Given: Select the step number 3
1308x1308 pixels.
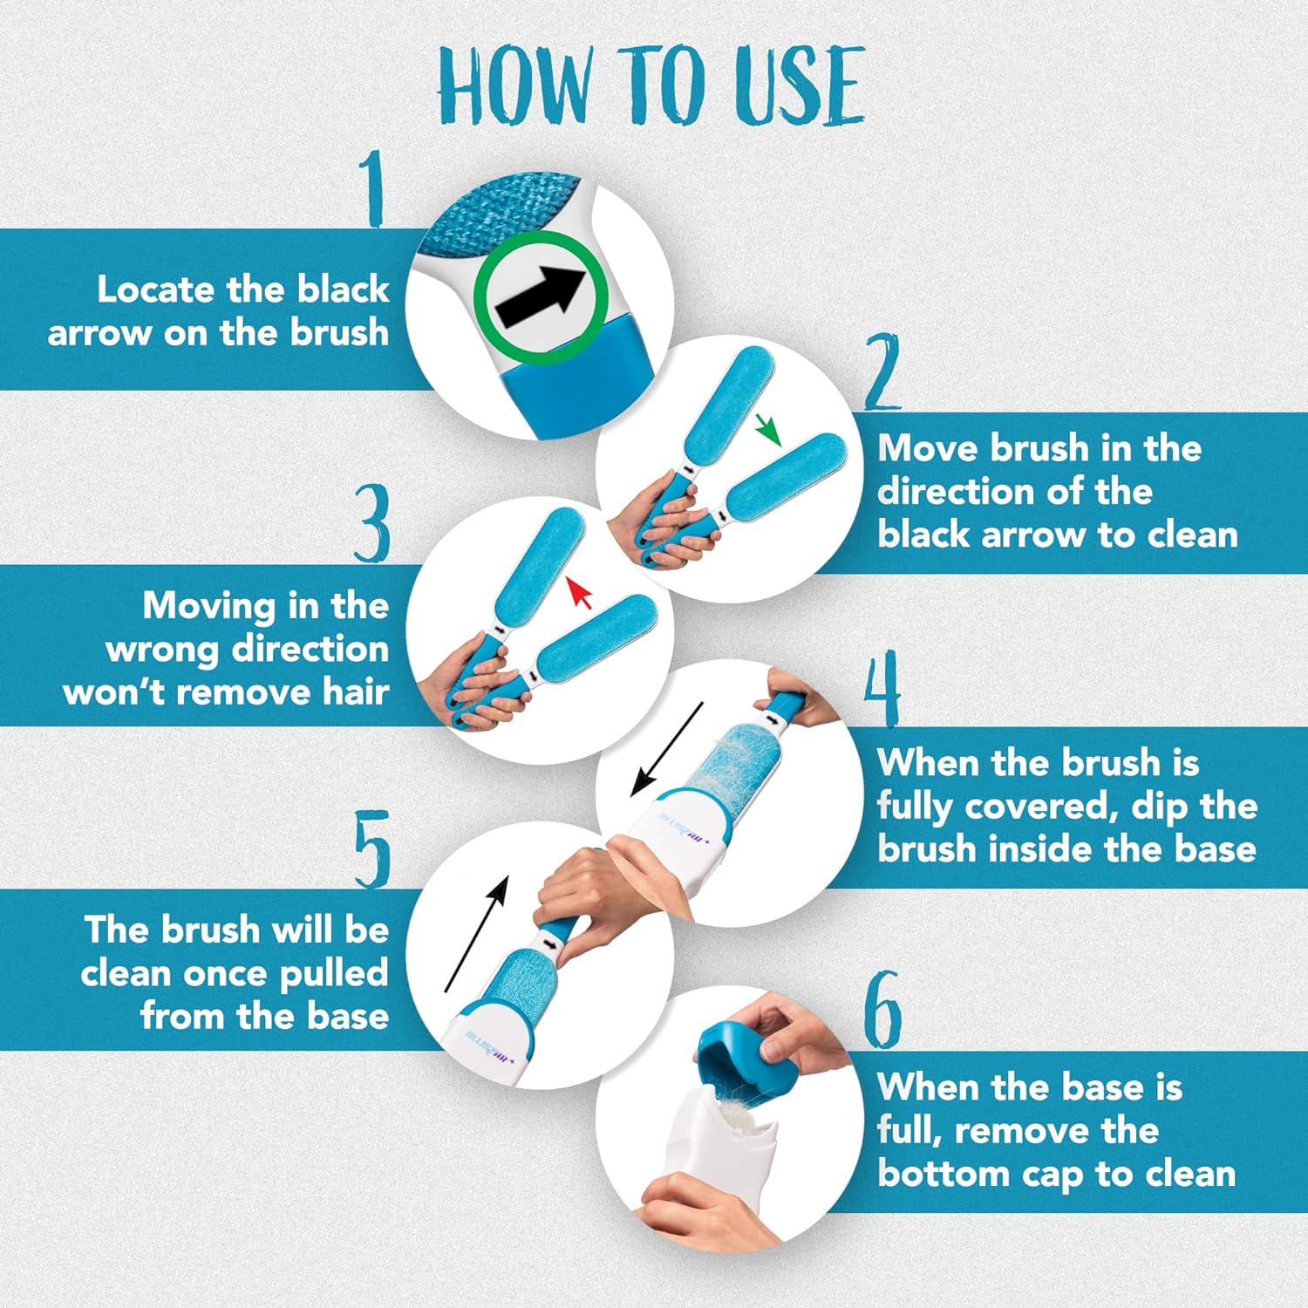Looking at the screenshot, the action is coord(372,523).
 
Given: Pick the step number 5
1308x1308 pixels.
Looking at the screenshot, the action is coord(372,848).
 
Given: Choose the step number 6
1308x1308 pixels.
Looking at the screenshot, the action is coord(882,1010).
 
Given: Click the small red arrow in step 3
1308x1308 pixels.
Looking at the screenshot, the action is coord(579,592).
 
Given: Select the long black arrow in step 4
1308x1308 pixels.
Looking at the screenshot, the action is coord(666,749).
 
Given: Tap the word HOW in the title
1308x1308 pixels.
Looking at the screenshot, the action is coord(514,85).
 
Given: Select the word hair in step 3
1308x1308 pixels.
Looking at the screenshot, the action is coord(355,691).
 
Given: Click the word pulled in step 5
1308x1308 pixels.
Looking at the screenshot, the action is coord(333,973).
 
